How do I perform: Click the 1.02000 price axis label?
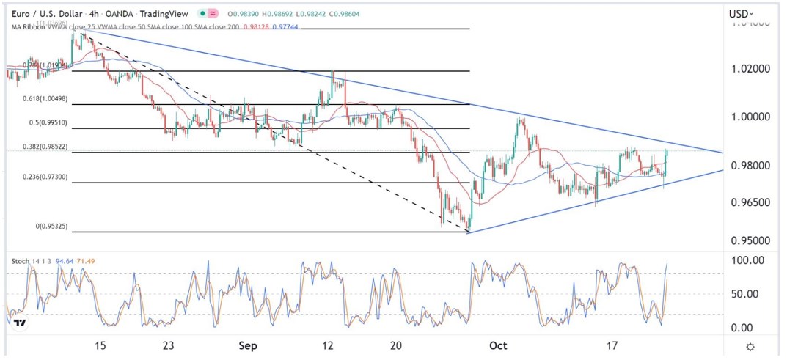pyautogui.click(x=753, y=68)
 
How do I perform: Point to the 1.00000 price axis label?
pyautogui.click(x=753, y=117)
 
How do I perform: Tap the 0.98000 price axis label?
pyautogui.click(x=753, y=166)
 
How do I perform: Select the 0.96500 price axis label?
pyautogui.click(x=753, y=202)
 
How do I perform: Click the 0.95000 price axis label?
pyautogui.click(x=753, y=240)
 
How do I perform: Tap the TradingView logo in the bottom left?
pyautogui.click(x=20, y=323)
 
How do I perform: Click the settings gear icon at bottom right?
pyautogui.click(x=750, y=347)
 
